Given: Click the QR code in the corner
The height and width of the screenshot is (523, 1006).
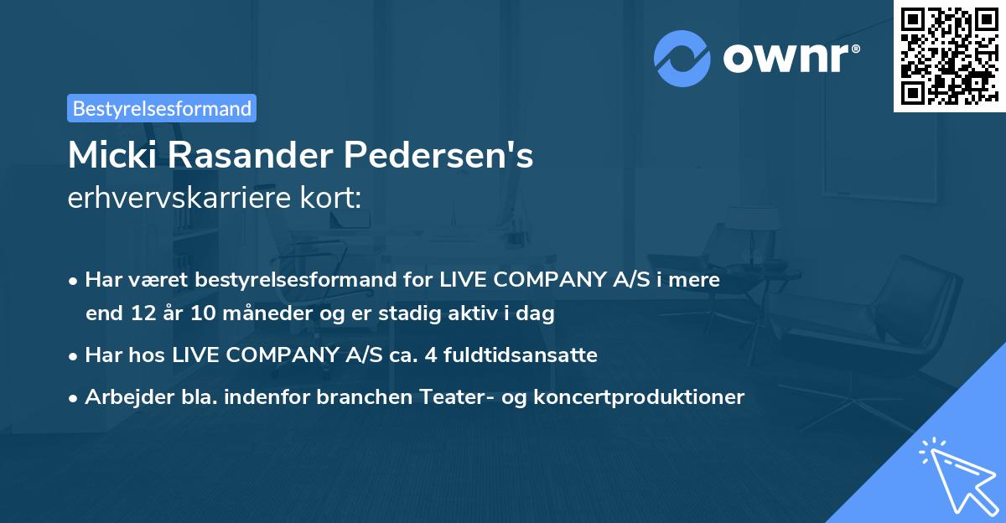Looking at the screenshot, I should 949,55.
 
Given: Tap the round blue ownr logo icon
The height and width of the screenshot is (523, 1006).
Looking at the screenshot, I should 682,59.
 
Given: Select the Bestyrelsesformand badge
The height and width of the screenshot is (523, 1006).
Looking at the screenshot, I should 162,108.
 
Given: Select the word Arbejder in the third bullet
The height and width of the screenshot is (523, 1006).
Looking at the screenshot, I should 122,396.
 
